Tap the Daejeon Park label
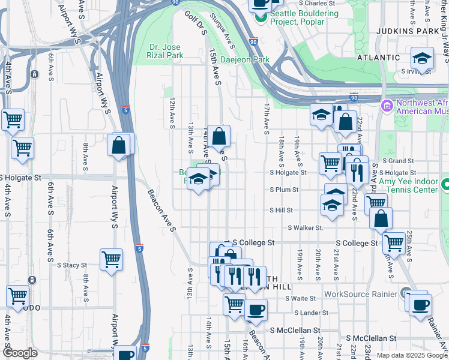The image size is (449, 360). click(x=246, y=59)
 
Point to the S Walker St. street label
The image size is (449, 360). click(x=306, y=228)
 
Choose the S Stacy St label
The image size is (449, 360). click(x=72, y=265)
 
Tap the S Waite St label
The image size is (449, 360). click(x=300, y=298)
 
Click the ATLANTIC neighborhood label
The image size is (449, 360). click(x=378, y=58)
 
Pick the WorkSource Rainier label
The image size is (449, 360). click(x=361, y=294)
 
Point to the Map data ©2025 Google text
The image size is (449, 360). click(x=411, y=355)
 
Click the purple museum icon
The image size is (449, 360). click(x=387, y=106)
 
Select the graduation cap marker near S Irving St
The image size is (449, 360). click(x=422, y=59)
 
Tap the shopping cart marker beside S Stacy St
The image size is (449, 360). click(x=112, y=260)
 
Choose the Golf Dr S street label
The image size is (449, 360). click(x=195, y=23)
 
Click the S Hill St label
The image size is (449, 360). click(x=281, y=211)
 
